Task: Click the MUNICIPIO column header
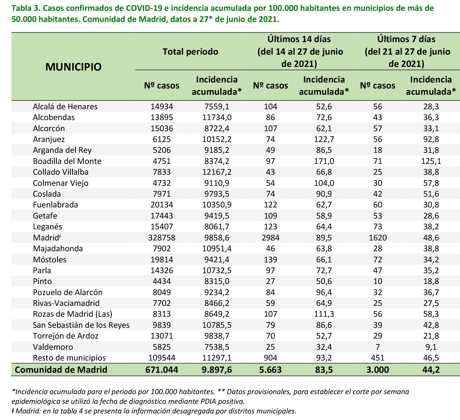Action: pyautogui.click(x=73, y=67)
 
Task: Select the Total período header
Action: pyautogui.click(x=190, y=52)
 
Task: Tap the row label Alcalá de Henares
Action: pyautogui.click(x=65, y=106)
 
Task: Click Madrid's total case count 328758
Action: pyautogui.click(x=162, y=238)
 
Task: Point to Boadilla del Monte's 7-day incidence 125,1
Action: pyautogui.click(x=431, y=161)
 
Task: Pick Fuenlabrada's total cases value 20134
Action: pyautogui.click(x=162, y=205)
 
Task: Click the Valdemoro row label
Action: pyautogui.click(x=53, y=347)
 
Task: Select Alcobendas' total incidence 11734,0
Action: pyautogui.click(x=217, y=117)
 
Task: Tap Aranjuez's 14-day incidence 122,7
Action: pyautogui.click(x=324, y=139)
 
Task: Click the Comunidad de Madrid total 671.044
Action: pyautogui.click(x=162, y=370)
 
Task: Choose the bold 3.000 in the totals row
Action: pyautogui.click(x=377, y=370)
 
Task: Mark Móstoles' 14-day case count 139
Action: pyautogui.click(x=270, y=260)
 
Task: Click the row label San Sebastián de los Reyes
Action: pyautogui.click(x=81, y=325)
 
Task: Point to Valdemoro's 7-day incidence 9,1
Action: pyautogui.click(x=431, y=347)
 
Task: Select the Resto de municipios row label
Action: pyautogui.click(x=69, y=358)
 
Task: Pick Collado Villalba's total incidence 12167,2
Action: pyautogui.click(x=217, y=172)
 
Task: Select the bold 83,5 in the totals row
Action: pyautogui.click(x=324, y=370)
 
